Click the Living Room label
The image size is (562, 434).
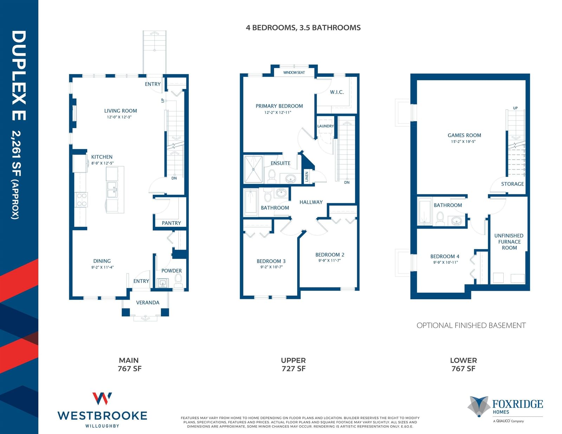pyautogui.click(x=120, y=111)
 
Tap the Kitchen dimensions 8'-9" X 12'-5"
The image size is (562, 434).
pyautogui.click(x=103, y=163)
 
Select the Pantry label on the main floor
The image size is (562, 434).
pyautogui.click(x=171, y=223)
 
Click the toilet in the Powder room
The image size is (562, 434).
pyautogui.click(x=178, y=281)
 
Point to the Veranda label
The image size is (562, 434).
pyautogui.click(x=148, y=302)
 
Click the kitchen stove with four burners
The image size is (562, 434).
pyautogui.click(x=81, y=200)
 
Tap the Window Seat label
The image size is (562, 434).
pyautogui.click(x=294, y=73)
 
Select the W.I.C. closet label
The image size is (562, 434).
pyautogui.click(x=337, y=92)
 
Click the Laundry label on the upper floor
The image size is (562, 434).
pyautogui.click(x=326, y=126)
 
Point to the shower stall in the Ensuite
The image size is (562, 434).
pyautogui.click(x=254, y=169)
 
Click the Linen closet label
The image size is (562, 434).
pyautogui.click(x=307, y=177)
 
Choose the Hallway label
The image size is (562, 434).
pyautogui.click(x=311, y=202)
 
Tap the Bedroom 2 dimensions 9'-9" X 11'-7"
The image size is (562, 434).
pyautogui.click(x=329, y=260)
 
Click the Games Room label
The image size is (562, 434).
pyautogui.click(x=464, y=135)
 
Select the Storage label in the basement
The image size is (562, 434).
pyautogui.click(x=512, y=184)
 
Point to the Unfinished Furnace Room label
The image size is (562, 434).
pyautogui.click(x=509, y=241)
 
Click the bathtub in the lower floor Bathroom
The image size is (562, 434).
pyautogui.click(x=425, y=211)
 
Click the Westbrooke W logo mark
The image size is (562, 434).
pyautogui.click(x=102, y=399)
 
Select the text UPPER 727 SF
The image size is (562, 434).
pyautogui.click(x=293, y=365)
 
